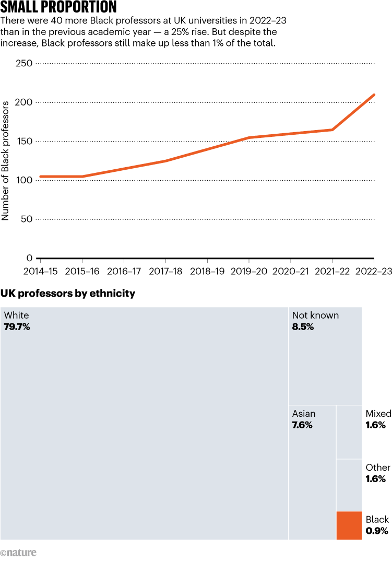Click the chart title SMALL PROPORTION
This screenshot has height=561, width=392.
pyautogui.click(x=59, y=7)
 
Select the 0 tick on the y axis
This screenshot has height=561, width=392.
pyautogui.click(x=30, y=258)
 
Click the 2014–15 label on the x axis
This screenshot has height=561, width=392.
pyautogui.click(x=40, y=272)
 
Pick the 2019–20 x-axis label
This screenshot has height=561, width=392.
pyautogui.click(x=249, y=272)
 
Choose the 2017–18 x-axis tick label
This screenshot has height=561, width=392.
pyautogui.click(x=165, y=272)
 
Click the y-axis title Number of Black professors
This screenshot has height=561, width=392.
pyautogui.click(x=6, y=161)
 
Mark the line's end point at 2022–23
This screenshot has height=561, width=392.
pyautogui.click(x=374, y=95)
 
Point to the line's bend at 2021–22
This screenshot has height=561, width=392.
pyautogui.click(x=332, y=130)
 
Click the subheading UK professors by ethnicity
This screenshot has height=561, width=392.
pyautogui.click(x=68, y=294)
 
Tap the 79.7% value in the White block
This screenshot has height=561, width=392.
pyautogui.click(x=17, y=327)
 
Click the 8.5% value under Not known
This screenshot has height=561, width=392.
pyautogui.click(x=303, y=327)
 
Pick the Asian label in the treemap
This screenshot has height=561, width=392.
pyautogui.click(x=304, y=414)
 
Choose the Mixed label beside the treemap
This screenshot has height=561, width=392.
pyautogui.click(x=378, y=414)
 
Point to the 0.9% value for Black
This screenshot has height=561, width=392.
pyautogui.click(x=376, y=531)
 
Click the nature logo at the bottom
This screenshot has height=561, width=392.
pyautogui.click(x=19, y=553)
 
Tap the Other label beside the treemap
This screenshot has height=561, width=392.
pyautogui.click(x=378, y=467)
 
